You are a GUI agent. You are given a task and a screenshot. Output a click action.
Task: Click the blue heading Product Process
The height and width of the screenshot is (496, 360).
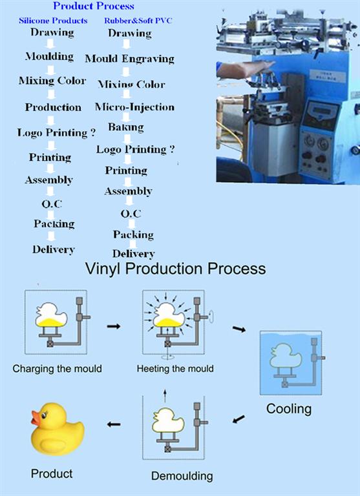pos(94,6)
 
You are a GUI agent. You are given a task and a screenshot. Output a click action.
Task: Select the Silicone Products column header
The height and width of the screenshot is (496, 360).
pos(53,21)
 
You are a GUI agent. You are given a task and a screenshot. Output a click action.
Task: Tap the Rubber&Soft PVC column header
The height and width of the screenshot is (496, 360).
pos(138,21)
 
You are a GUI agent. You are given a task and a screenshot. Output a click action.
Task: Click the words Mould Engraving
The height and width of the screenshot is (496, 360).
pos(129,59)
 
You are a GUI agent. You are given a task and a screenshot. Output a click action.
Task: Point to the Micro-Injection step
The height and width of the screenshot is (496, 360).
pos(134,107)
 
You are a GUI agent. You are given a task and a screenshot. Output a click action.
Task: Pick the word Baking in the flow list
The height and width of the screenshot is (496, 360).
pos(125,127)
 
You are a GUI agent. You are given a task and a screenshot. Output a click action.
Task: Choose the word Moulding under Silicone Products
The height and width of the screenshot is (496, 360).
pos(49,56)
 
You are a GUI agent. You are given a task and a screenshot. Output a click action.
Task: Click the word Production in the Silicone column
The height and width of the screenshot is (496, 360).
pos(53,107)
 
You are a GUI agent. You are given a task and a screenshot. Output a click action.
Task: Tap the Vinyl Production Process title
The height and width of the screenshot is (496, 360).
pos(176,269)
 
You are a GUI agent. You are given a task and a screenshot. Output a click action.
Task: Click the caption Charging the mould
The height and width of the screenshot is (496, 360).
pos(58,369)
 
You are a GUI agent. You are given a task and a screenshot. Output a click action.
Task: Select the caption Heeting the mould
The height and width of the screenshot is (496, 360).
pos(175,369)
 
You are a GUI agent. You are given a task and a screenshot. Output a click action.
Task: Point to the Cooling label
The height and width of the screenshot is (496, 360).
pos(289,409)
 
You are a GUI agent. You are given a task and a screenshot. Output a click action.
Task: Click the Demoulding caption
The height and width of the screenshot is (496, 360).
pos(182,476)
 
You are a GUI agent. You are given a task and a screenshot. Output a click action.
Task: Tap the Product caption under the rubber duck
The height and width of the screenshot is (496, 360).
pos(52,473)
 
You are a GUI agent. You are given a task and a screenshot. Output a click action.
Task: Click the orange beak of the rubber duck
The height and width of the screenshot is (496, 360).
pos(36,418)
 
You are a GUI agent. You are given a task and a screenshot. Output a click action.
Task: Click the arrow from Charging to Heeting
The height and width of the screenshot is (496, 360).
pos(114,326)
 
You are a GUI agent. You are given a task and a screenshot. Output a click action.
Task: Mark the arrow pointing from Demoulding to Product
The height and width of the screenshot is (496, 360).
pos(114,424)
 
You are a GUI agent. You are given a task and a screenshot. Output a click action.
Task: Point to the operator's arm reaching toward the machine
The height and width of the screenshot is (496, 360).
pos(244,70)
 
